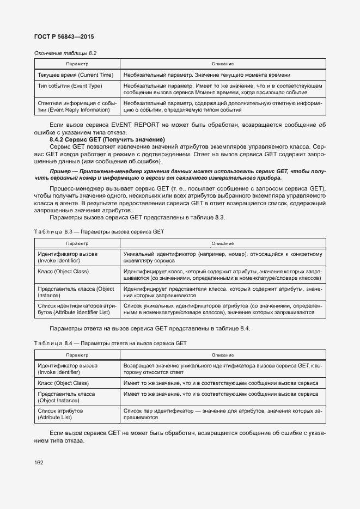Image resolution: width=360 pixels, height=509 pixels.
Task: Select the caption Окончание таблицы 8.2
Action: tap(65, 53)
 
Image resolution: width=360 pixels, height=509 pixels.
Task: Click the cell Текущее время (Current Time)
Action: tap(75, 75)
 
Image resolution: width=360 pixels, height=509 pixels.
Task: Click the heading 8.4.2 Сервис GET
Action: tap(107, 140)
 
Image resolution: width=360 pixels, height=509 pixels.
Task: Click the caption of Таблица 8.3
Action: tap(99, 231)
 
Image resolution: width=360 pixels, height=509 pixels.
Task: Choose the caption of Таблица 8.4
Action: tap(110, 343)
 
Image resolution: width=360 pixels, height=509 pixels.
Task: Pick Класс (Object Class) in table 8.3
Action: tap(63, 271)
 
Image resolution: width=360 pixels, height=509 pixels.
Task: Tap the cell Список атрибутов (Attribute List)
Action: tap(60, 414)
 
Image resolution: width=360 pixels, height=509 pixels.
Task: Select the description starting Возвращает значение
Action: tap(223, 369)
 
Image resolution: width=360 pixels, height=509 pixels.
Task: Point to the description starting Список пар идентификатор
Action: tap(223, 414)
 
